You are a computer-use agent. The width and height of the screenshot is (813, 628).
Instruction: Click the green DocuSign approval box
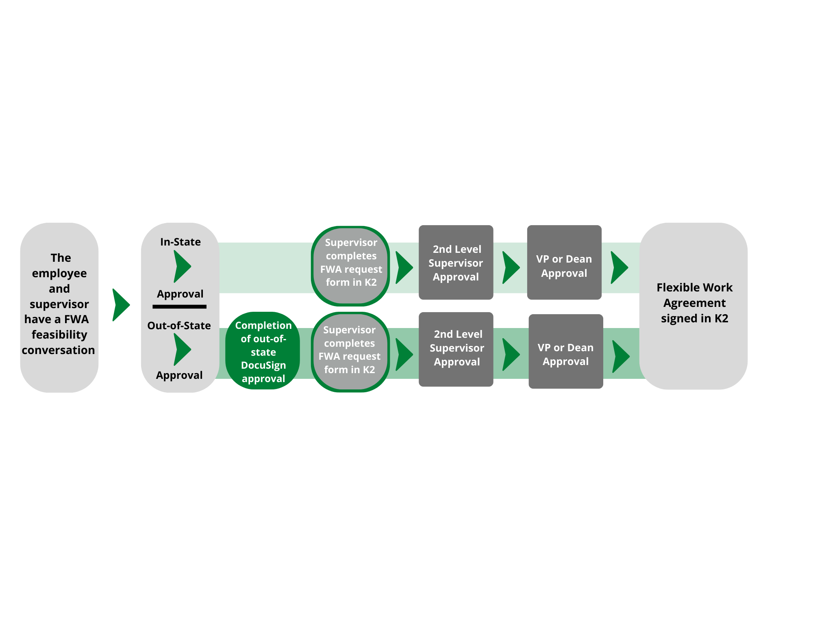point(263,351)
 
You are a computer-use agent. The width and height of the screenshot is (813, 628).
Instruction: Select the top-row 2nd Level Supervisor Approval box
point(456,263)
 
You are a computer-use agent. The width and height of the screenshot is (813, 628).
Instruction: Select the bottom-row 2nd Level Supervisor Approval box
point(456,349)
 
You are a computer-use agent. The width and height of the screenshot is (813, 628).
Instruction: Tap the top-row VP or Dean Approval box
point(564,263)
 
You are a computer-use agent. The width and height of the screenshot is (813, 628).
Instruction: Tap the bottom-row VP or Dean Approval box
point(565,351)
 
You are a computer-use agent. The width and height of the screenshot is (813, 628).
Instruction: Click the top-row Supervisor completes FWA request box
point(350,265)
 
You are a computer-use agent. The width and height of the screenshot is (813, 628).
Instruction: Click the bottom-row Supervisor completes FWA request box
point(350,352)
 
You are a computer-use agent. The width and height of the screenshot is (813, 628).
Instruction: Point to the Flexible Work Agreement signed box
point(693,305)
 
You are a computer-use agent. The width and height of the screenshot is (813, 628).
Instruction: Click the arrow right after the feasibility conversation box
point(121,305)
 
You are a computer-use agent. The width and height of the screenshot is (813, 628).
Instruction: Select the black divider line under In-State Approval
point(179,306)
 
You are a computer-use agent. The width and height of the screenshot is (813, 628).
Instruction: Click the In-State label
point(180,242)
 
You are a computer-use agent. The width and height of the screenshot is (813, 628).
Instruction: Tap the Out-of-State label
point(179,326)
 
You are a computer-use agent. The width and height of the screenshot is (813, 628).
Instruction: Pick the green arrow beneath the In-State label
point(182,267)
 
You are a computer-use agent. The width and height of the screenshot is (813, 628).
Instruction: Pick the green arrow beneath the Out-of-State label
point(182,350)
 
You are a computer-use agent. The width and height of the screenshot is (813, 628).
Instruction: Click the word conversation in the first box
point(58,350)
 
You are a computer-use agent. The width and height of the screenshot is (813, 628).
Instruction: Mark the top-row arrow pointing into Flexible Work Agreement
point(619,267)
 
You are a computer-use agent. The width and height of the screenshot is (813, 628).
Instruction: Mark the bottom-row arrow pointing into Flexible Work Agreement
point(620,356)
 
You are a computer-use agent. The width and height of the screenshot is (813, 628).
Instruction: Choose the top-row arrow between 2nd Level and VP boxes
point(511,267)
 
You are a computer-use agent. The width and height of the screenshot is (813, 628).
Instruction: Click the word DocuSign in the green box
point(263,365)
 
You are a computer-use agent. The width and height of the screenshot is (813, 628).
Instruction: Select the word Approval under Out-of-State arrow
point(179,375)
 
